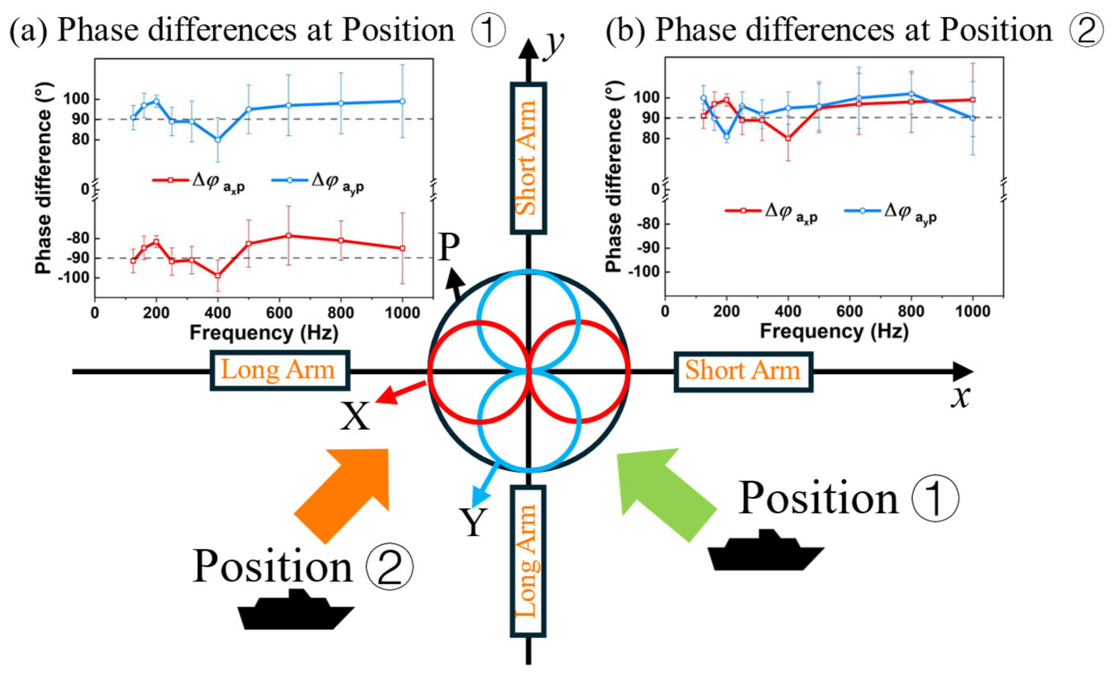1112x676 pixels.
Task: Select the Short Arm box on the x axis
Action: tap(743, 371)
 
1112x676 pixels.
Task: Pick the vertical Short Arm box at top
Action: tap(528, 158)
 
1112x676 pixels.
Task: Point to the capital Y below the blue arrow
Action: tap(473, 523)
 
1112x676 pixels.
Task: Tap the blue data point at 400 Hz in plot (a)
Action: tap(218, 140)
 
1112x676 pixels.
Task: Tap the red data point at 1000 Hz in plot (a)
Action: tap(402, 248)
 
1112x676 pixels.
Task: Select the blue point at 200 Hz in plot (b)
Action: tap(727, 136)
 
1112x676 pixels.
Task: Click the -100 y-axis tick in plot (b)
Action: tap(646, 272)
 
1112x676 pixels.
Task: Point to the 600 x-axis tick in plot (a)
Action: tap(279, 313)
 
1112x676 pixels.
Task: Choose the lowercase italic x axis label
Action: tap(961, 397)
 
